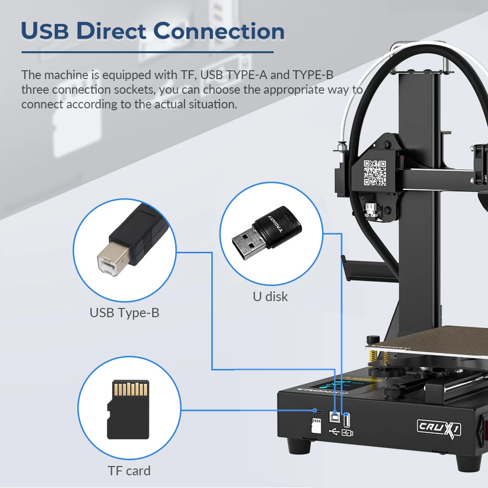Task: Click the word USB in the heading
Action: click(44, 31)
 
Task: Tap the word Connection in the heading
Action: click(219, 31)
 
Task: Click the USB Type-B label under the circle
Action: click(124, 313)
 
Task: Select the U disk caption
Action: click(270, 297)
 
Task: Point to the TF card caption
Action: click(129, 471)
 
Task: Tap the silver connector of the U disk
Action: click(248, 243)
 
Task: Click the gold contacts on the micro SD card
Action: click(130, 389)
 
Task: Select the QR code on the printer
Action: click(375, 173)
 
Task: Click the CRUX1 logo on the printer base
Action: click(439, 428)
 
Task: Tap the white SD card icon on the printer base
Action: click(316, 426)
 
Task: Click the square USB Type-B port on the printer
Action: click(334, 417)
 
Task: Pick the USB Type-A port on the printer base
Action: click(346, 420)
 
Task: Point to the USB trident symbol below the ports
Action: click(334, 432)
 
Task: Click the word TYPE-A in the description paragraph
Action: click(246, 75)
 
